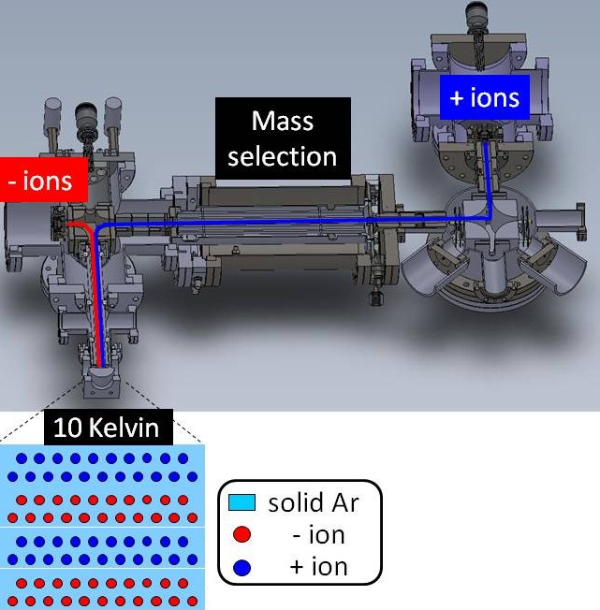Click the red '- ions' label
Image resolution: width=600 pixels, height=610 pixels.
pyautogui.click(x=44, y=180)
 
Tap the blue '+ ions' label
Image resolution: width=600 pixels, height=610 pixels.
pyautogui.click(x=485, y=97)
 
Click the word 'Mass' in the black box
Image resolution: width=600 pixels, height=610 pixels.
pyautogui.click(x=283, y=121)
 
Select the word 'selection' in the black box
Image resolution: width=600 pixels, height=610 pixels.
pyautogui.click(x=282, y=156)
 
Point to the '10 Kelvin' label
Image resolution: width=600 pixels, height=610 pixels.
pyautogui.click(x=109, y=428)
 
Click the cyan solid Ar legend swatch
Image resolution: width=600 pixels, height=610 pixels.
pyautogui.click(x=242, y=502)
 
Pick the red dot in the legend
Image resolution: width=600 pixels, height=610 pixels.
pyautogui.click(x=241, y=534)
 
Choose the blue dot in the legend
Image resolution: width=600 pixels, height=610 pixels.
pyautogui.click(x=241, y=568)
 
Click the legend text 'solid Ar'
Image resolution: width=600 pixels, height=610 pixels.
pyautogui.click(x=314, y=502)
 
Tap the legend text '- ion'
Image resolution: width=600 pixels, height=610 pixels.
pyautogui.click(x=318, y=535)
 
